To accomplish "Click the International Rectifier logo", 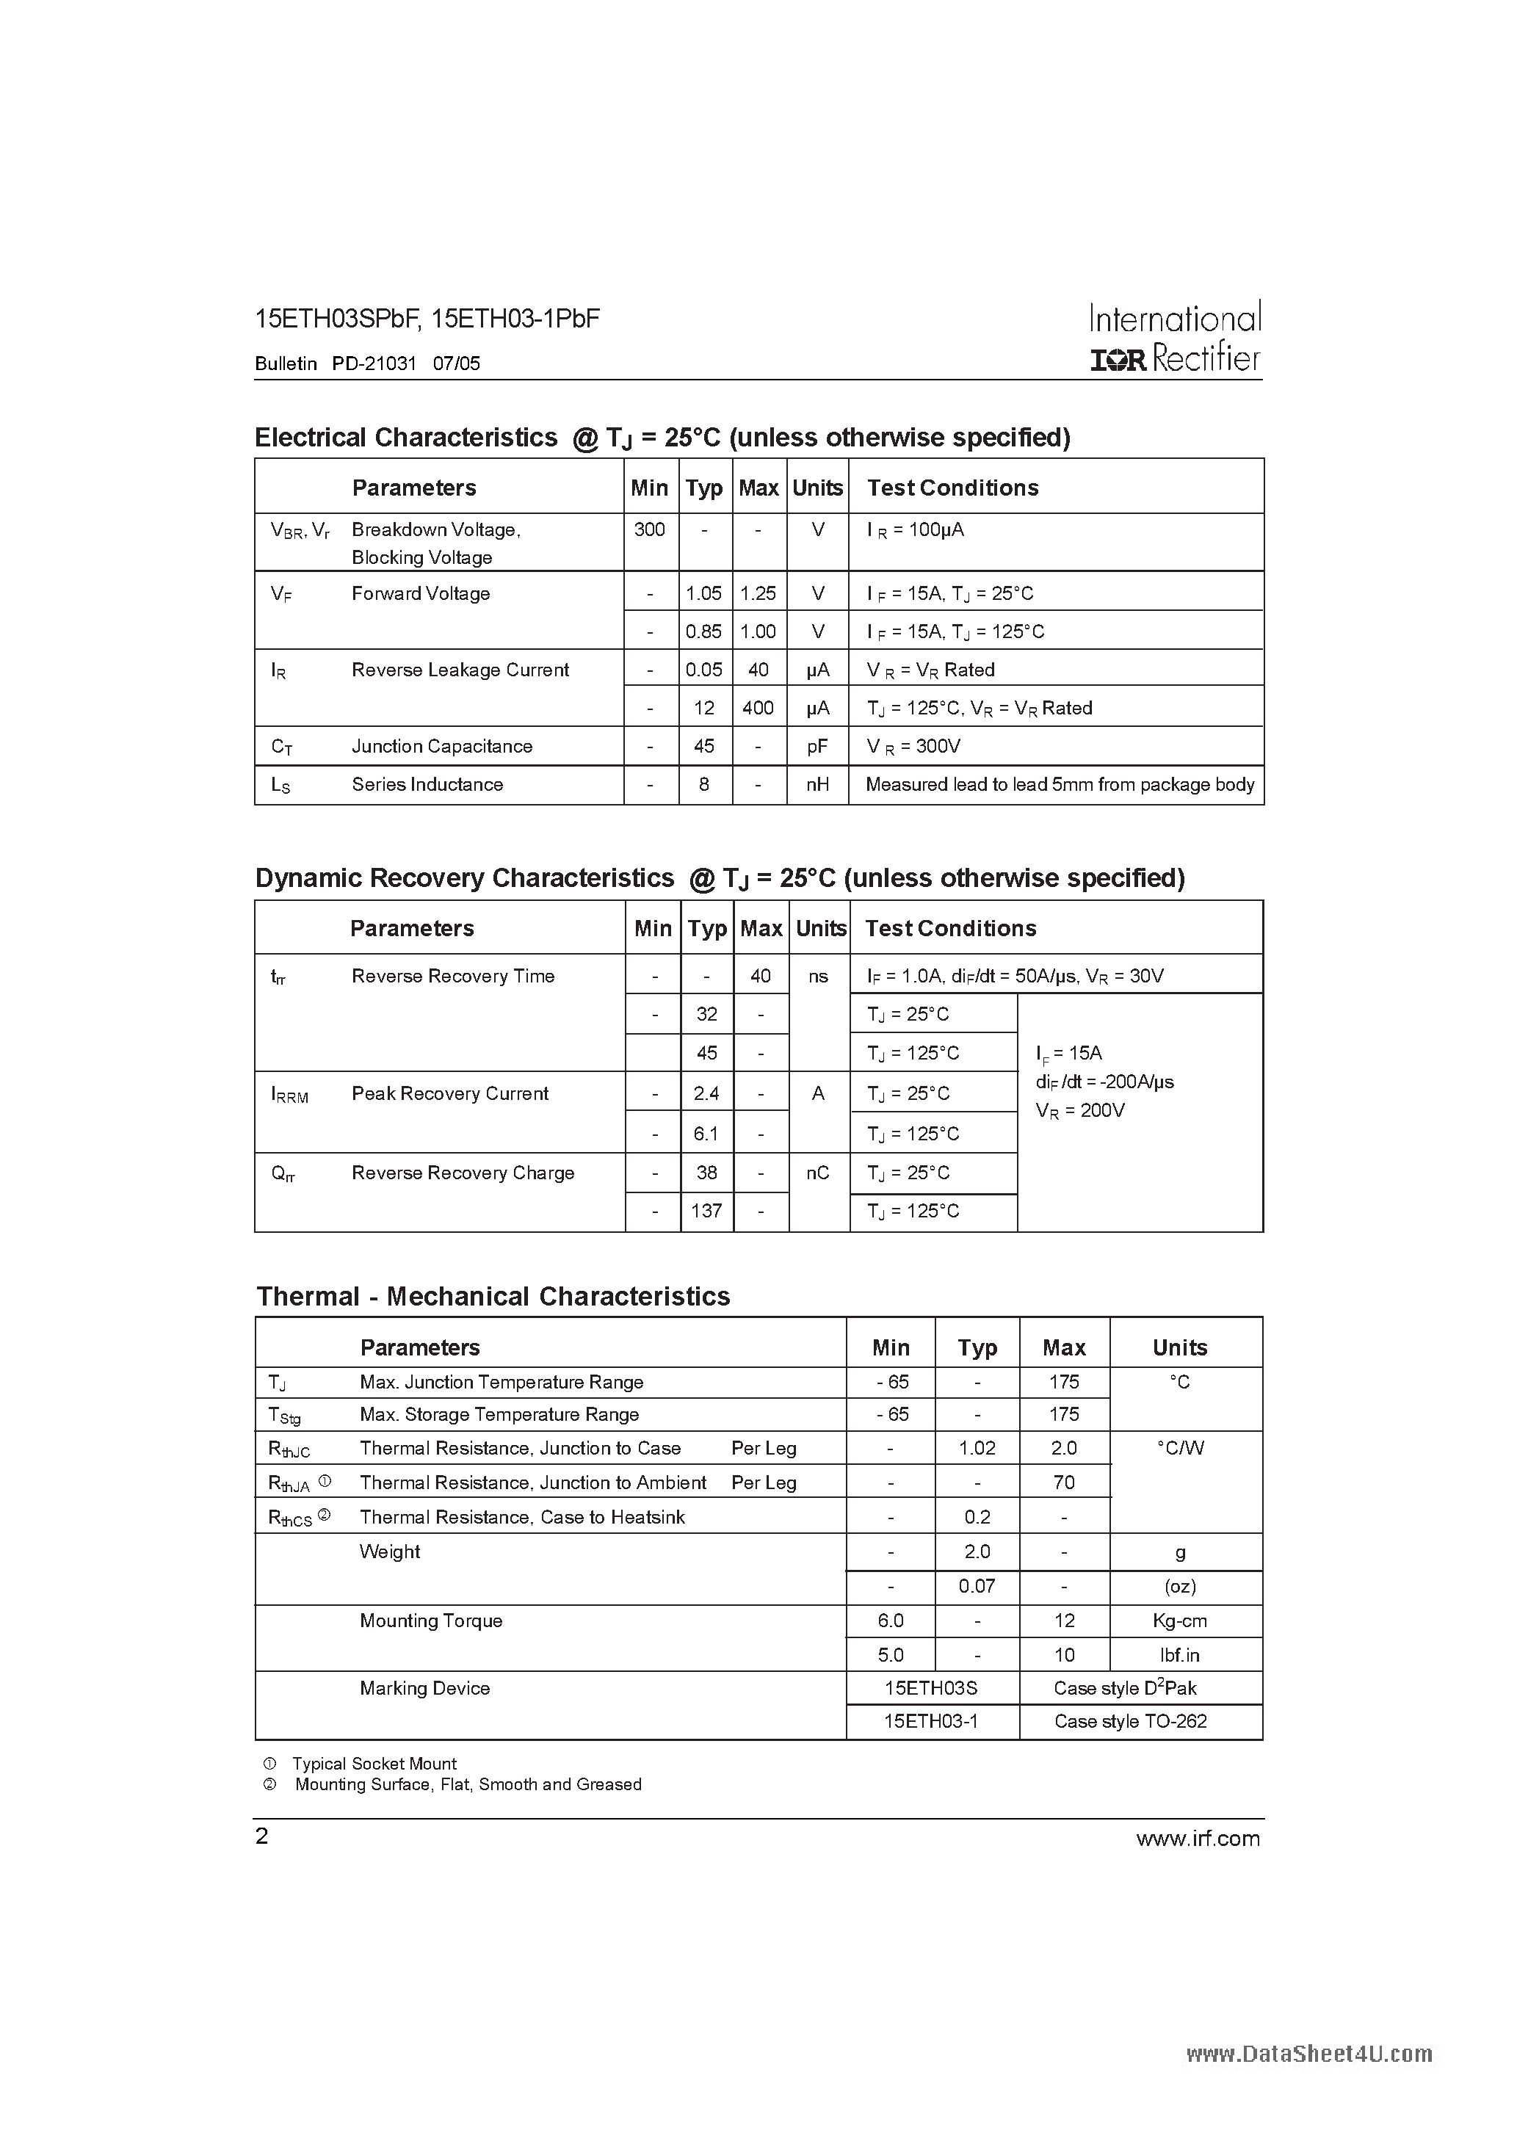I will pyautogui.click(x=1175, y=338).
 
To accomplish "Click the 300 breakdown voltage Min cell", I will pyautogui.click(x=649, y=530).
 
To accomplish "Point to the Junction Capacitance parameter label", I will pyautogui.click(x=441, y=746).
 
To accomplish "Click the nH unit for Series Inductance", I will pyautogui.click(x=817, y=784).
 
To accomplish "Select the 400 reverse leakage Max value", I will pyautogui.click(x=758, y=708).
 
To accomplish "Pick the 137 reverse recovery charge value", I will pyautogui.click(x=706, y=1211).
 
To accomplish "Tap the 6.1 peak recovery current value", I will pyautogui.click(x=706, y=1134).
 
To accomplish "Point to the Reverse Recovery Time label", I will pyautogui.click(x=452, y=977).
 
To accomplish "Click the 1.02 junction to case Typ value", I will pyautogui.click(x=977, y=1449).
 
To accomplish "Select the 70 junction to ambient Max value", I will pyautogui.click(x=1063, y=1482).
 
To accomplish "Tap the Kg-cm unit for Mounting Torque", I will pyautogui.click(x=1179, y=1621).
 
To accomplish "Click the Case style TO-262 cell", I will pyautogui.click(x=1130, y=1722).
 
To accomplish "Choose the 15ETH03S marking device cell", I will pyautogui.click(x=930, y=1688).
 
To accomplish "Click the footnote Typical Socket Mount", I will pyautogui.click(x=374, y=1764).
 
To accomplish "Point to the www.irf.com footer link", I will pyautogui.click(x=1197, y=1839).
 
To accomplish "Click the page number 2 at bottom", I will pyautogui.click(x=262, y=1836).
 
